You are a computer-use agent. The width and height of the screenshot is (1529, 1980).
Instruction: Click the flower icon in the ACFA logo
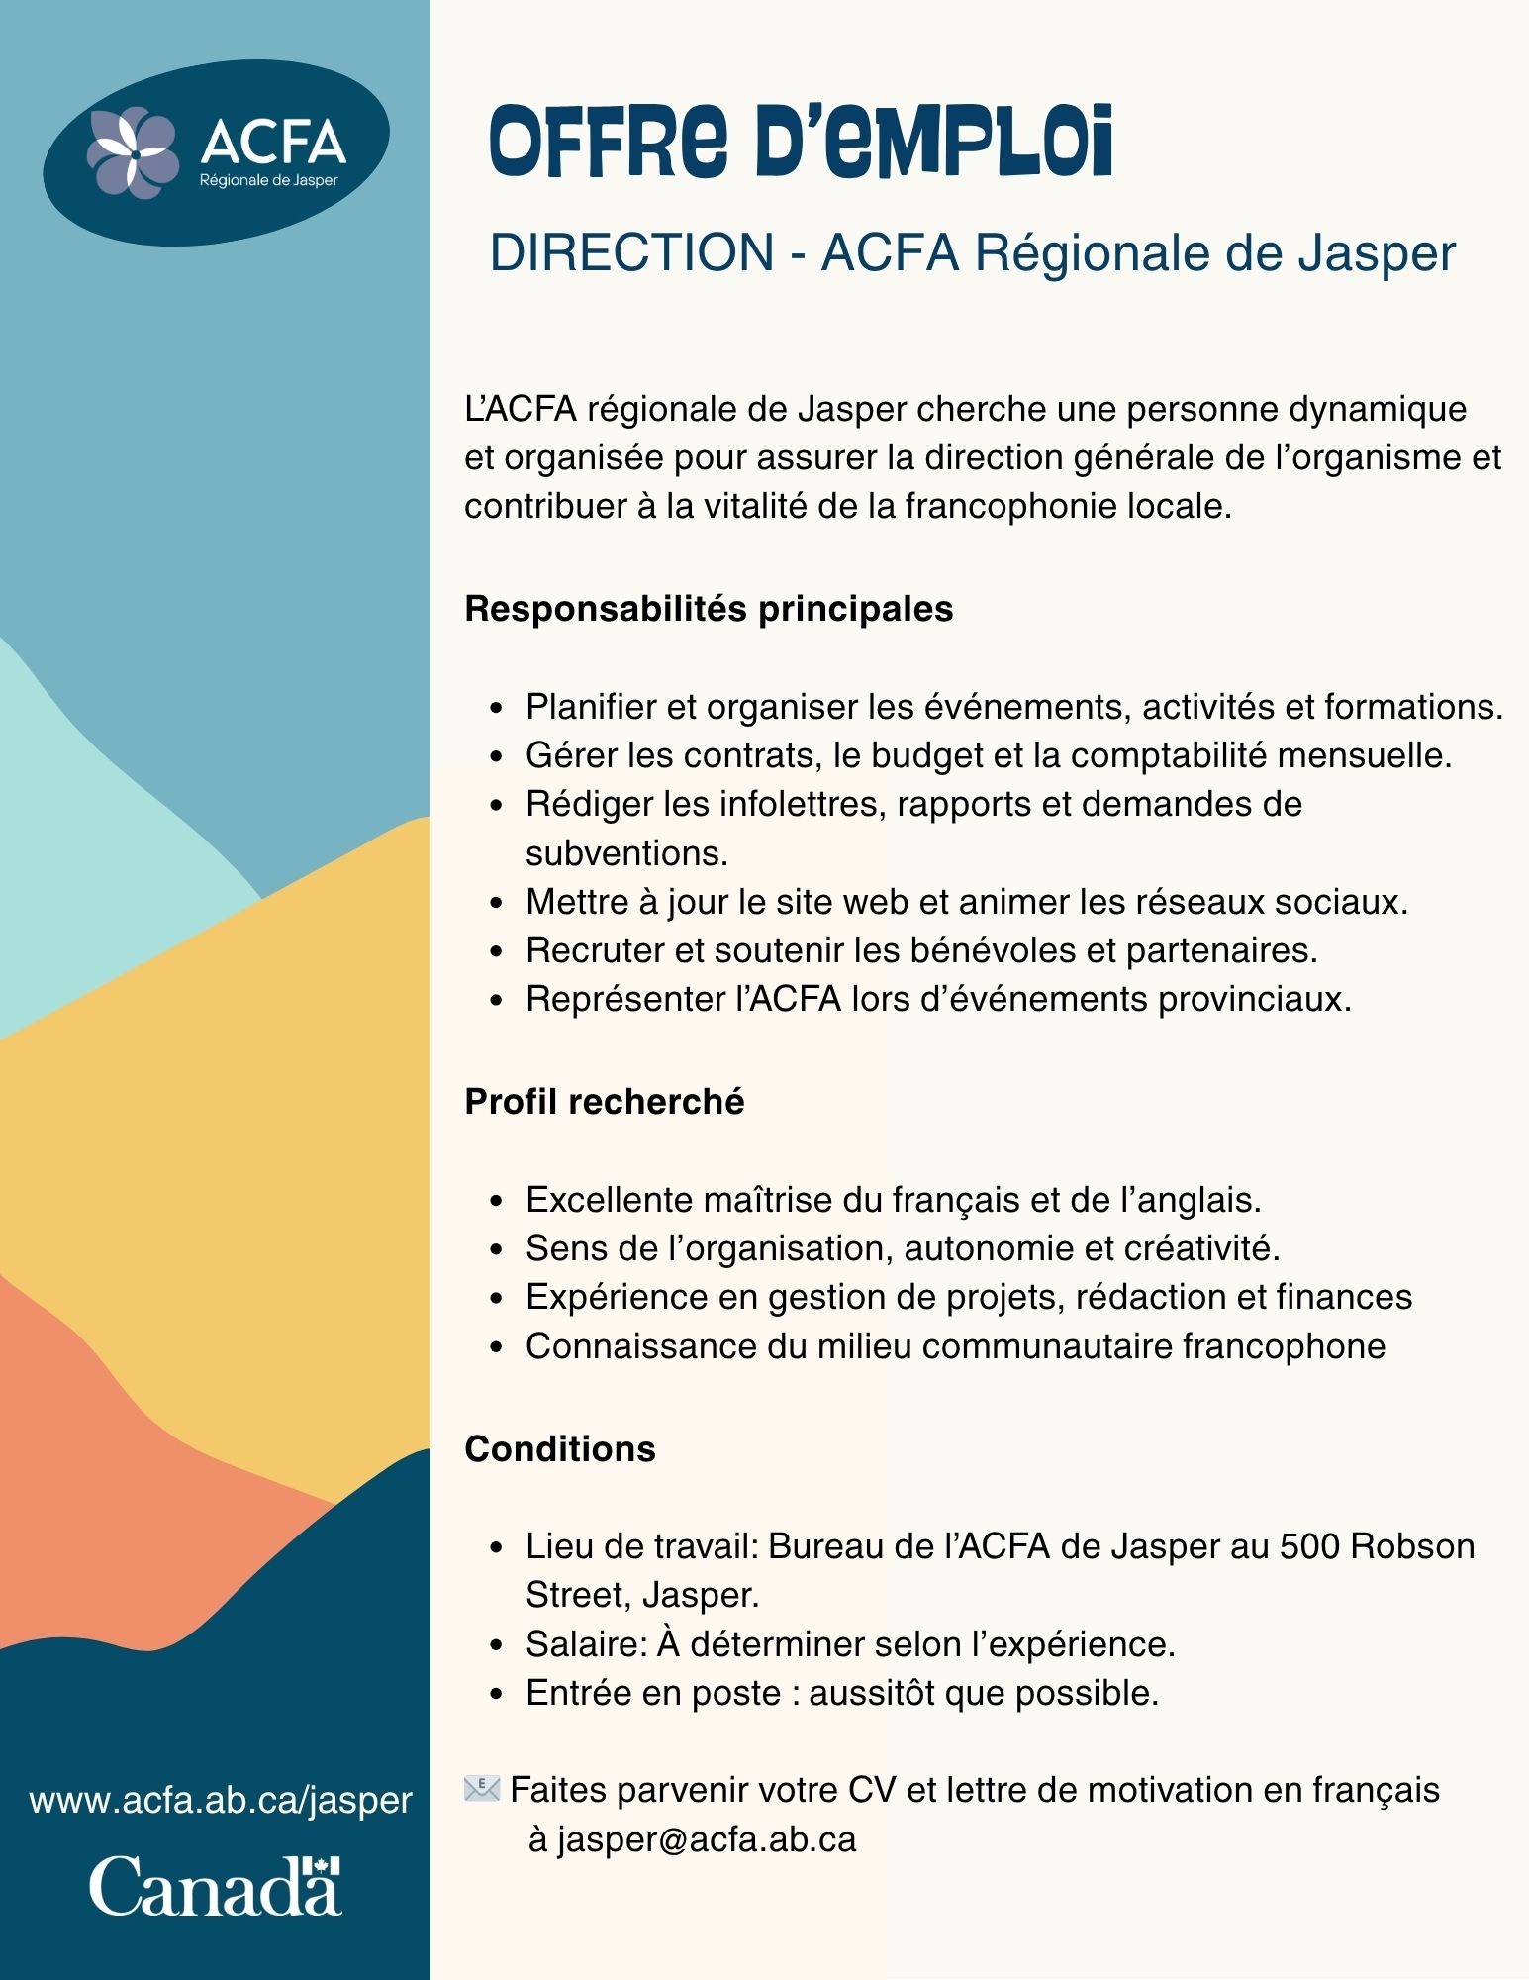point(132,151)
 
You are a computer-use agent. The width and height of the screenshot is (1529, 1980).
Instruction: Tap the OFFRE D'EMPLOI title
point(801,144)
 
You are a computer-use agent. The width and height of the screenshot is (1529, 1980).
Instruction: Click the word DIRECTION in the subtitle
point(632,252)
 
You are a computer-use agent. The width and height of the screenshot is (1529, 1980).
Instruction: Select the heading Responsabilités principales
point(709,608)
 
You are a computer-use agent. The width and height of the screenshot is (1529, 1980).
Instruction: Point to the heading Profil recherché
point(604,1101)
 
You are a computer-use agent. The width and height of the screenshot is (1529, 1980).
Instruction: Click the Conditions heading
point(560,1448)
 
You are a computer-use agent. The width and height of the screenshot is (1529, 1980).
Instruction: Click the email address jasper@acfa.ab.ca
point(706,1839)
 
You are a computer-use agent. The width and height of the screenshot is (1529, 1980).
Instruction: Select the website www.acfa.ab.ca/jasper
point(221,1799)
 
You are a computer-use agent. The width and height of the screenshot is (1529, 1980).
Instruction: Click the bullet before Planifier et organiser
point(498,709)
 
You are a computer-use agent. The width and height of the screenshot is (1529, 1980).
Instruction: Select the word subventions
point(626,852)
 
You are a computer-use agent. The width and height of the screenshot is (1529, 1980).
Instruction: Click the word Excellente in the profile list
point(609,1199)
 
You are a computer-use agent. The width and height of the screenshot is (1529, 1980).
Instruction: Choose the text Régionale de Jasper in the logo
point(268,180)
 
